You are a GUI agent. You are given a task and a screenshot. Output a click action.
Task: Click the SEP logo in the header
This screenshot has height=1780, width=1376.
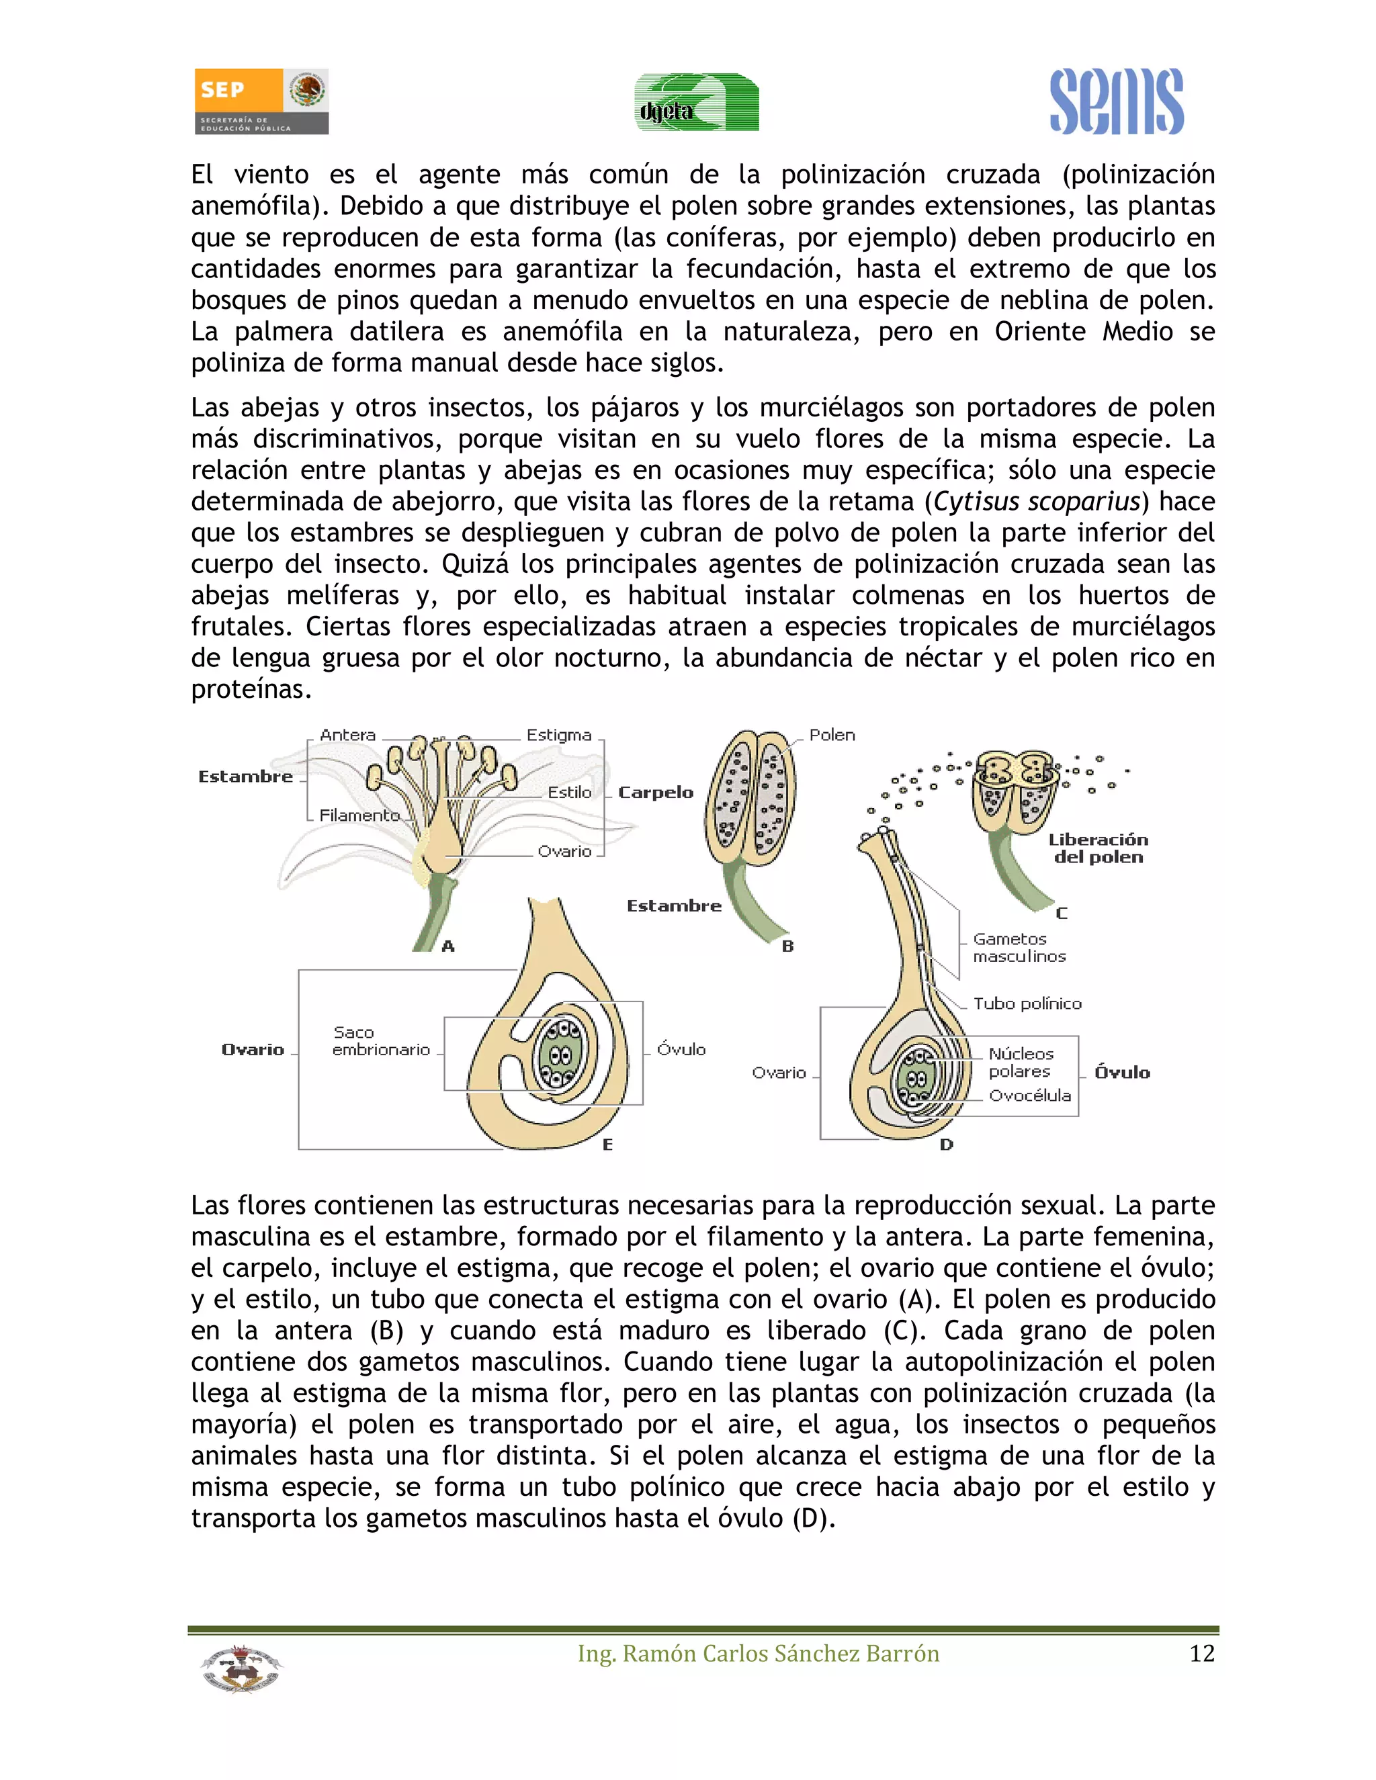coord(261,101)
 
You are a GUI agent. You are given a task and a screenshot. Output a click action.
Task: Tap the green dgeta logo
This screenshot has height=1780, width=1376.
coord(697,103)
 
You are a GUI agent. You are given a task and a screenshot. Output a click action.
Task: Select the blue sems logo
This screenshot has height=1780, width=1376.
coord(1116,102)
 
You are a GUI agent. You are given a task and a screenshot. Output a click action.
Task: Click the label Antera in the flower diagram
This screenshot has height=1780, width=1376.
coord(347,735)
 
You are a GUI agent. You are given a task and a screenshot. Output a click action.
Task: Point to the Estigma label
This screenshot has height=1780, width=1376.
coord(558,735)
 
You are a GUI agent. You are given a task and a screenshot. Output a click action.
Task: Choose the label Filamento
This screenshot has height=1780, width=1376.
coord(359,815)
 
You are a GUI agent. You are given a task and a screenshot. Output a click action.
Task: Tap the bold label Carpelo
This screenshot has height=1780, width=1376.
coord(655,792)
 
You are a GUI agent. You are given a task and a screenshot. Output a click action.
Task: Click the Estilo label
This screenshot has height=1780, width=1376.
coord(569,792)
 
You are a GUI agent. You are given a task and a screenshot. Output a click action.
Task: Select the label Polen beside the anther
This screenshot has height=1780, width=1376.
coord(832,735)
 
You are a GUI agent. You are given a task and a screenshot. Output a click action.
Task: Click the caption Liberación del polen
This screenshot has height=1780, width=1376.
coord(1098,848)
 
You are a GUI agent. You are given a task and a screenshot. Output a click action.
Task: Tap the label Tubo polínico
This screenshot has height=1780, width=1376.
coord(1027,1004)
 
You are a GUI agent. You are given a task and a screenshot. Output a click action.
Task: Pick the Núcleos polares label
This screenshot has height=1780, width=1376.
coord(1021,1063)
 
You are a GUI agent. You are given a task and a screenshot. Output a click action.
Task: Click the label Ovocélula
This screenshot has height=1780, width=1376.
coord(1029,1096)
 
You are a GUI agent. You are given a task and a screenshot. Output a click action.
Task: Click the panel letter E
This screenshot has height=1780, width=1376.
coord(607,1145)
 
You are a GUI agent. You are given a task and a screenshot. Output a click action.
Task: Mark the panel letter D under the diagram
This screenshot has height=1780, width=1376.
coord(945,1145)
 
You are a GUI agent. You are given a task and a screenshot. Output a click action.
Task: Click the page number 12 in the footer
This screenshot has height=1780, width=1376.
coord(1201,1654)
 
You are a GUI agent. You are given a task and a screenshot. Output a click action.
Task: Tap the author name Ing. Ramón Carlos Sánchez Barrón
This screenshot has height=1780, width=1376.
coord(758,1654)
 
